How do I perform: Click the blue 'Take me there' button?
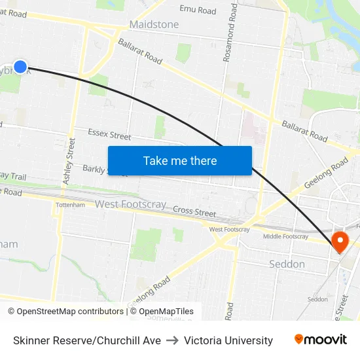point(179,160)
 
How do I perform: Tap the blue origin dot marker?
point(20,66)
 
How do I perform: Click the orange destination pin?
point(340,242)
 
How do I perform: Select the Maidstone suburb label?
point(154,24)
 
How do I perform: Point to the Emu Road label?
point(198,10)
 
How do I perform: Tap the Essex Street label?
point(109,135)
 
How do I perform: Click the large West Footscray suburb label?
point(130,204)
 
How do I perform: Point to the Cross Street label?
point(194,212)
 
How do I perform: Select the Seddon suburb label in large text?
point(287,264)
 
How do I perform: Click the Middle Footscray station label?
point(285,236)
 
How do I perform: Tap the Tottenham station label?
point(71,205)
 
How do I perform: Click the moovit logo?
point(321,340)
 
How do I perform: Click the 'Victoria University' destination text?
point(228,340)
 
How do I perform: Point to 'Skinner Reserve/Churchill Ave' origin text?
point(87,340)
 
